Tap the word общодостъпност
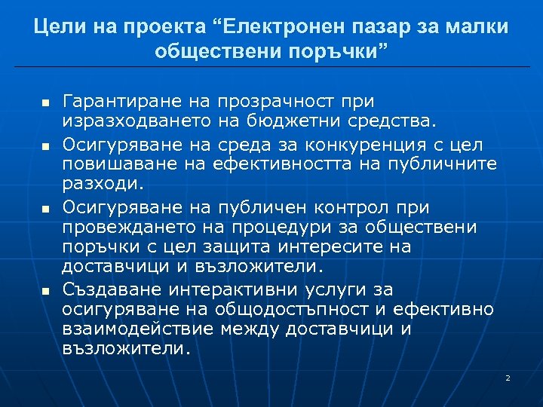(305, 309)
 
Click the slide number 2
(508, 378)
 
